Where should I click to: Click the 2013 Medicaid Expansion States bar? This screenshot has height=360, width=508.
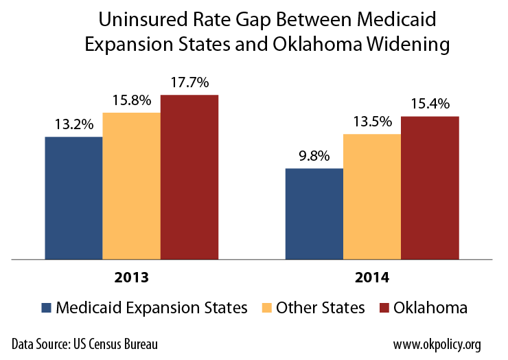73,198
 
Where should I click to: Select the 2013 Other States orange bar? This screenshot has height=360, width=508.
131,185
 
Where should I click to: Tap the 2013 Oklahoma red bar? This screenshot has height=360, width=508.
189,177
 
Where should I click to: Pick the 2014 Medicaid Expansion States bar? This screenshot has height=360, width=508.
314,214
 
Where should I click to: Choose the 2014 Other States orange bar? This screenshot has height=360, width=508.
371,196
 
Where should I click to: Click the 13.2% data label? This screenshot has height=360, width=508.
73,126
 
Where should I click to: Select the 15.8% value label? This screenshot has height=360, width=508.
132,101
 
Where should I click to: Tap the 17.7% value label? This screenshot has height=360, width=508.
189,83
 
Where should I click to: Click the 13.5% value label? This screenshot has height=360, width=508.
372,122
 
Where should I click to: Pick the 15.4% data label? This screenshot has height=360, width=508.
430,104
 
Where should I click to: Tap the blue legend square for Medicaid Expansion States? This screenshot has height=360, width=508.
46,308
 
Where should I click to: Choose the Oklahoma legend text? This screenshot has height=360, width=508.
430,308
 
